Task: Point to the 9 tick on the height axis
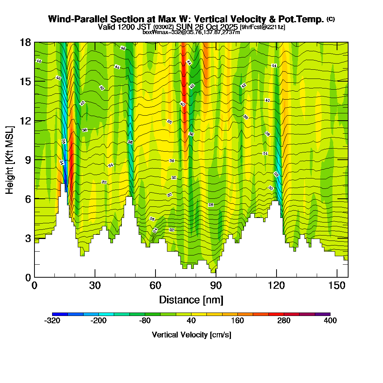coord(34,159)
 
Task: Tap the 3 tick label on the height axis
coord(26,238)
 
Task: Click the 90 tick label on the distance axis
coord(216,286)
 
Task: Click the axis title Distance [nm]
coord(191,300)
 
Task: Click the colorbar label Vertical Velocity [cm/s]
coord(191,335)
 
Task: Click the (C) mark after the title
coord(331,19)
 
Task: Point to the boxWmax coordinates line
coord(191,32)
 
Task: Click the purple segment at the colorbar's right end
coord(322,314)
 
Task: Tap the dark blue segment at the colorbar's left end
coord(60,314)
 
